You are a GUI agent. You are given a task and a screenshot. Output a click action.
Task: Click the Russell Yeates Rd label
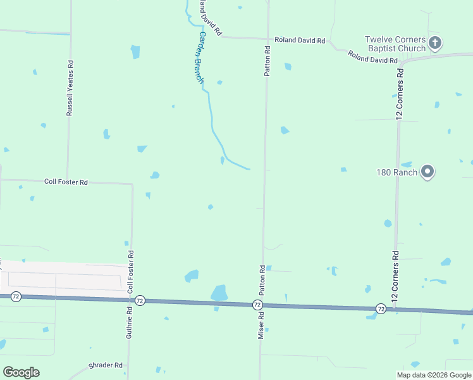coord(70,88)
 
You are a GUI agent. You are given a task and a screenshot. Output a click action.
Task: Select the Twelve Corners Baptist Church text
coord(395,44)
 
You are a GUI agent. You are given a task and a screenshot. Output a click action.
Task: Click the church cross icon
coord(434,43)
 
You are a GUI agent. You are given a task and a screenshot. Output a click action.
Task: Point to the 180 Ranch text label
coord(396,172)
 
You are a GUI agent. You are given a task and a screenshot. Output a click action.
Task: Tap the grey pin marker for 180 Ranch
coord(427,172)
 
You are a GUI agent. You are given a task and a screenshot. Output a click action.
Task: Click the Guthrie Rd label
coord(129,322)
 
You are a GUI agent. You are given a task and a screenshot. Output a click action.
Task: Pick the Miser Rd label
coord(260,324)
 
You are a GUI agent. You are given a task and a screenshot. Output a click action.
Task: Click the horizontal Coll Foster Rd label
coord(66,182)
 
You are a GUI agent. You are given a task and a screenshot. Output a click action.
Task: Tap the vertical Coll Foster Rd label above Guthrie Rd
coord(131,271)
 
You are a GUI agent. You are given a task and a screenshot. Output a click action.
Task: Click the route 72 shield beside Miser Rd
coord(257,305)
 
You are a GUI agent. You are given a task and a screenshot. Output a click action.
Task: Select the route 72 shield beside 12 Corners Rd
coord(381,308)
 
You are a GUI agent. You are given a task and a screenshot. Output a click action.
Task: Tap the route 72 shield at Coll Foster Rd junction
coord(140,300)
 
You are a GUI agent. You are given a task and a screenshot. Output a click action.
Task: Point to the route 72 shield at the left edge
coord(16,296)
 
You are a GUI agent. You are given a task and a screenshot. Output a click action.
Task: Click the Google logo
coord(21,372)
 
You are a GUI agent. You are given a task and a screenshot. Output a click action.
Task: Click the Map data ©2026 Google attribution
coord(434,375)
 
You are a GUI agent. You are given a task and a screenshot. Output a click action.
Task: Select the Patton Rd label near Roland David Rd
coord(267,61)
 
